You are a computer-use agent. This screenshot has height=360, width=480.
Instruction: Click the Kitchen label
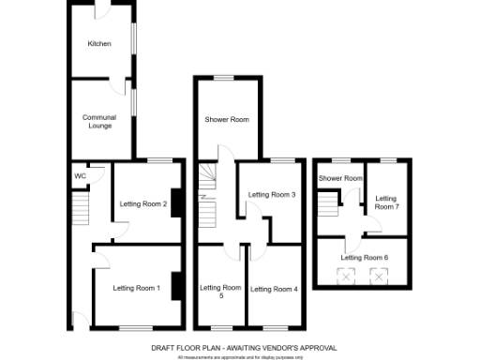(99, 44)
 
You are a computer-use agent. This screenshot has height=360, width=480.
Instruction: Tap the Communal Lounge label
(99, 121)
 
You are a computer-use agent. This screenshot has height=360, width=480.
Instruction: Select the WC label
(81, 176)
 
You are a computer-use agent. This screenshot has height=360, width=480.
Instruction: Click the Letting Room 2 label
(142, 203)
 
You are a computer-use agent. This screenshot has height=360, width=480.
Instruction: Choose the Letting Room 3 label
(272, 194)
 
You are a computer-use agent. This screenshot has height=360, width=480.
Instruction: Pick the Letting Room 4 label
(274, 289)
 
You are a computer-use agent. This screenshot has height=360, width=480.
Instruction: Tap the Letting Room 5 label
(221, 292)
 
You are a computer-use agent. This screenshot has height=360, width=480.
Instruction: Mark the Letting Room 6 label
(364, 257)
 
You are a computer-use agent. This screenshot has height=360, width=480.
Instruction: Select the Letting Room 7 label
(387, 202)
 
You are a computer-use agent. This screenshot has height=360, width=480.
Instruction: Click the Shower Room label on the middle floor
(227, 119)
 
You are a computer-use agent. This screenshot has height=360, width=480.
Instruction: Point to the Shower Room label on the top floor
(339, 178)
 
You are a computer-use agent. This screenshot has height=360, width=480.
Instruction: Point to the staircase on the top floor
(327, 204)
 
